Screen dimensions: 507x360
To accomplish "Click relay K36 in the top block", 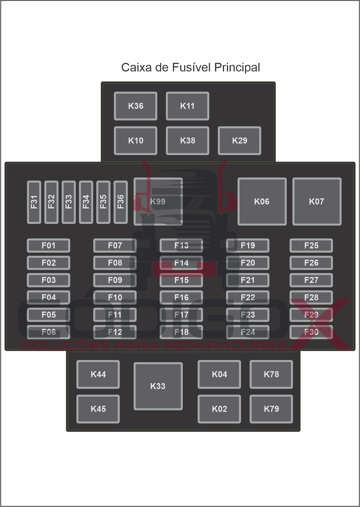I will [x=135, y=106].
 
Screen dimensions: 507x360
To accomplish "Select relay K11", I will [x=187, y=106].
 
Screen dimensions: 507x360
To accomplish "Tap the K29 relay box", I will [x=239, y=141].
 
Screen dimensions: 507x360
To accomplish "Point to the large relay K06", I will [x=262, y=201].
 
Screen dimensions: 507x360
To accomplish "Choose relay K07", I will [x=317, y=201].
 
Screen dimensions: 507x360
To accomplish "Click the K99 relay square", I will [x=158, y=201].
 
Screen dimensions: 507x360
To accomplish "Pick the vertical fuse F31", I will [x=34, y=202].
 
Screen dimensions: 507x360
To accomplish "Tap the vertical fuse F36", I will [x=121, y=202].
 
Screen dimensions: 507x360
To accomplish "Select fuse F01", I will [x=49, y=246].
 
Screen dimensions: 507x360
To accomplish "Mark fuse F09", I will [x=115, y=280].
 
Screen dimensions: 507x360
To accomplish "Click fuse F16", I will [x=181, y=298].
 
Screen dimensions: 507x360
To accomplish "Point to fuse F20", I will [x=248, y=263].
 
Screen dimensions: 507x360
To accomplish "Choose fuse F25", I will [x=311, y=246].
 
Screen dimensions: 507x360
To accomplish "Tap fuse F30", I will [x=311, y=332].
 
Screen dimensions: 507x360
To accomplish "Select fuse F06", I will [x=49, y=332].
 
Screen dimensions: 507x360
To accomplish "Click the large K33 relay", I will [x=158, y=386].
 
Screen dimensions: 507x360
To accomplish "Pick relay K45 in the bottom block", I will [x=98, y=409].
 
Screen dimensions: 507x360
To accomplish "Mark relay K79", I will [x=271, y=409].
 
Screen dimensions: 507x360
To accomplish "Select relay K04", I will [x=219, y=374].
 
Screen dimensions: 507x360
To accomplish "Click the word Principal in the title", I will [x=237, y=68].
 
